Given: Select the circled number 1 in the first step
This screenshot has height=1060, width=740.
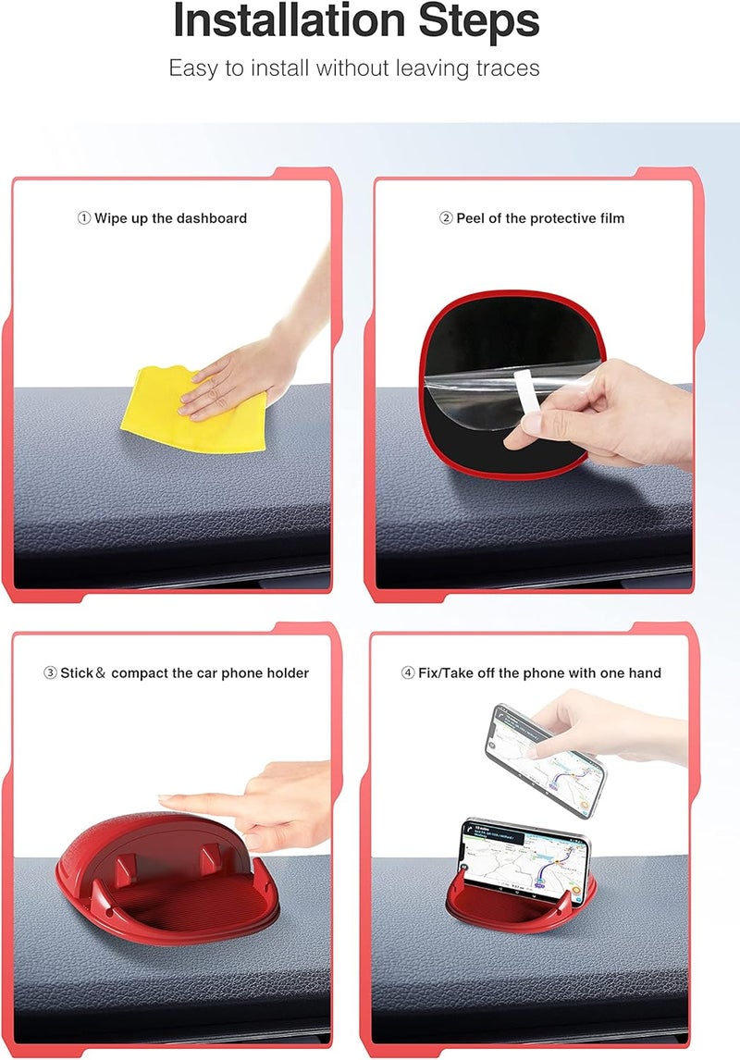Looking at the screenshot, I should [83, 218].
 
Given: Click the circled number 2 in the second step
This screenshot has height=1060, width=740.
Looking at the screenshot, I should [445, 218].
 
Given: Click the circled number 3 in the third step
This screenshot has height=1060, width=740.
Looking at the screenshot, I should [50, 672].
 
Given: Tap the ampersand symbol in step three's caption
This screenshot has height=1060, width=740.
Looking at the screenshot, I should [101, 672].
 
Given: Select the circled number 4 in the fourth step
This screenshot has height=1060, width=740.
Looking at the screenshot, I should [408, 672].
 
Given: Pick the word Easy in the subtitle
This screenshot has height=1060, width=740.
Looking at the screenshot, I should [192, 68].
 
